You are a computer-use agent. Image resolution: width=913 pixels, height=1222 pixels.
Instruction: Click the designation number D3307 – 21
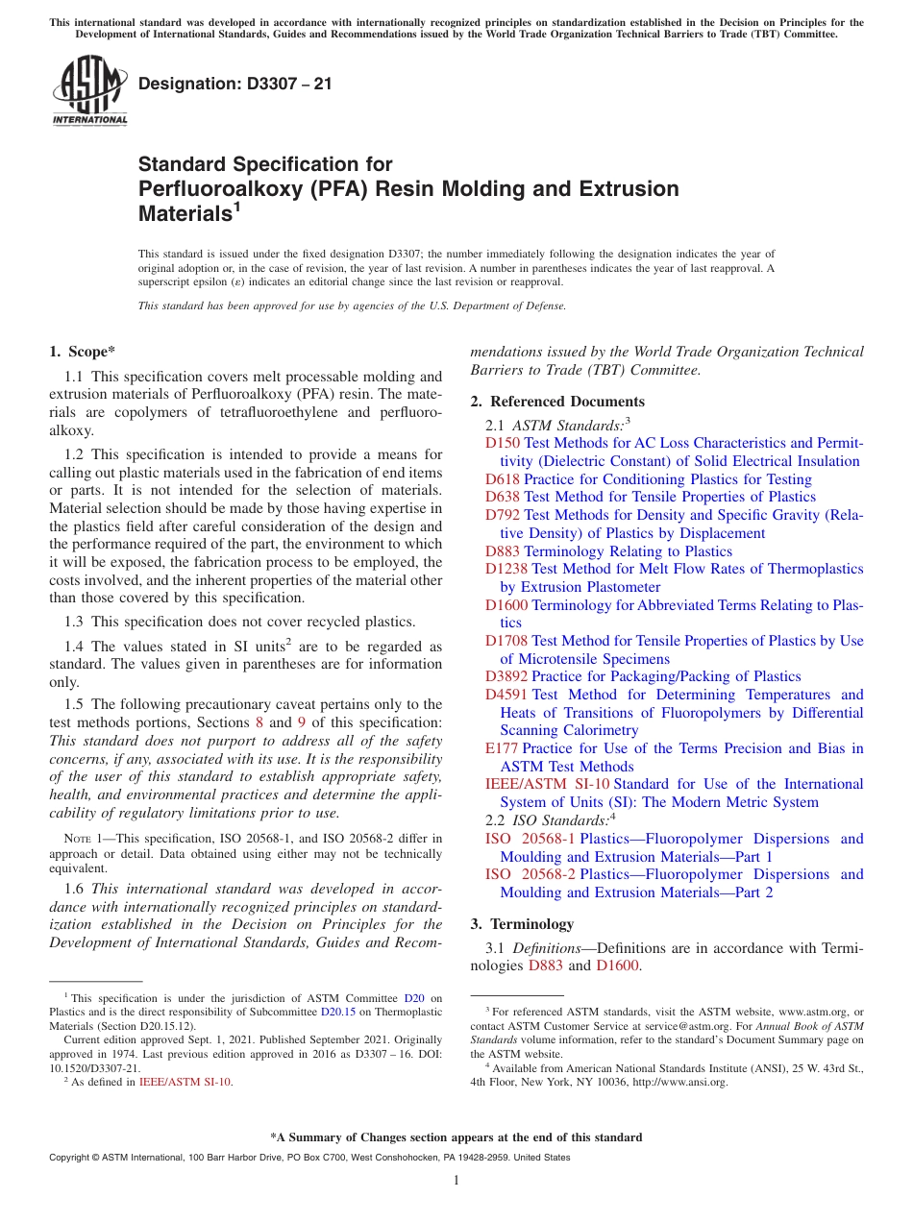point(235,84)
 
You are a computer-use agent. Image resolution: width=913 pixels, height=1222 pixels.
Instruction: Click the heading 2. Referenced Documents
point(557,402)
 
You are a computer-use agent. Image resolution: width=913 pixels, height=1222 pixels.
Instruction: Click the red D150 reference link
point(502,443)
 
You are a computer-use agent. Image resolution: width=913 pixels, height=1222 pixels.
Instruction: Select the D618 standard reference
point(502,478)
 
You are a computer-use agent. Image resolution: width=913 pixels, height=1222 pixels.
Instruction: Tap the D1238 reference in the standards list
point(506,569)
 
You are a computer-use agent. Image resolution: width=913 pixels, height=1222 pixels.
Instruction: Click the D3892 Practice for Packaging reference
point(506,676)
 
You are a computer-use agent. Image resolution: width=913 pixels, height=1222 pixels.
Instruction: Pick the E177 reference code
point(502,748)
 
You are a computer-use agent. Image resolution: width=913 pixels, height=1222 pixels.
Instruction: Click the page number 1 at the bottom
point(456,1181)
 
